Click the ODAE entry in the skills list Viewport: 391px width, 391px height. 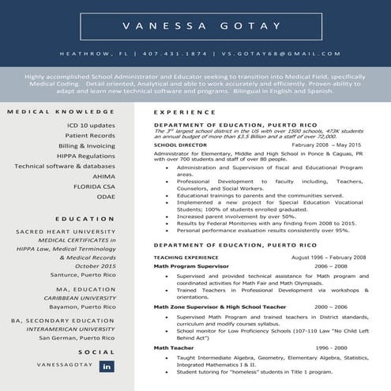pyautogui.click(x=106, y=197)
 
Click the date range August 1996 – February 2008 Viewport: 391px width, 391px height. pyautogui.click(x=329, y=258)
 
